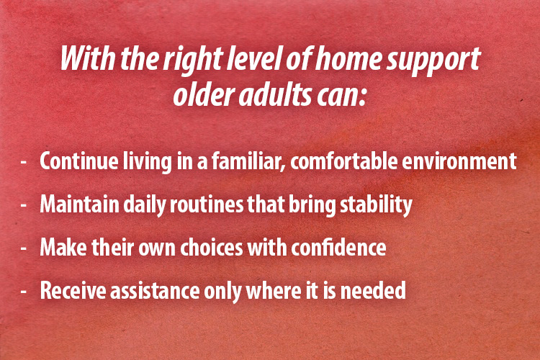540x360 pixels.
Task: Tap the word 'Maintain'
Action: pos(73,205)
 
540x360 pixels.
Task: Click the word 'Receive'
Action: pos(68,291)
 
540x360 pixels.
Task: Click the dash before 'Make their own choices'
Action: pos(24,249)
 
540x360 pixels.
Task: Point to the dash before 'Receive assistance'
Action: pos(24,292)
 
